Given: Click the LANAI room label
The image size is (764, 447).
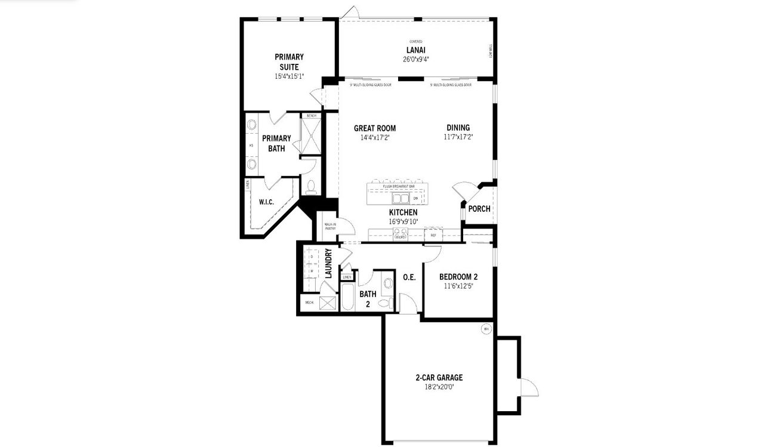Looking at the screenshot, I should click(x=416, y=50).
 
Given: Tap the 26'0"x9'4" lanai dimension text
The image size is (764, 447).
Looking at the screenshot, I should click(x=416, y=59).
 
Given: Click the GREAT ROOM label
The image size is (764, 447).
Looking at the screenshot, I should click(x=375, y=128).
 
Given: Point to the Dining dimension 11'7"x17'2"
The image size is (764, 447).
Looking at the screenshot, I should click(x=458, y=137).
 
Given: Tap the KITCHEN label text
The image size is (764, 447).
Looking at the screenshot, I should click(x=403, y=212).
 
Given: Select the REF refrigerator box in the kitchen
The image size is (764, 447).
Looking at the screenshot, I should click(x=434, y=236).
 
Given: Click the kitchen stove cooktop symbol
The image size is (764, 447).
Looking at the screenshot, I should click(x=401, y=235).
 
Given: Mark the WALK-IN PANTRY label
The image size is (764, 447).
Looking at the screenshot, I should click(x=329, y=226).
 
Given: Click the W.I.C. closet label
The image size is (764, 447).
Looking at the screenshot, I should click(x=266, y=202).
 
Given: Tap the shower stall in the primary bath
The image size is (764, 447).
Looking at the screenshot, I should click(x=310, y=137).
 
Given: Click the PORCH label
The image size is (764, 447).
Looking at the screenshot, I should click(x=479, y=209).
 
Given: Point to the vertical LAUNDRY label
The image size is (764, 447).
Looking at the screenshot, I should click(x=328, y=264).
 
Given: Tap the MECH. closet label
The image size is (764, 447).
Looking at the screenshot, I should click(x=310, y=303).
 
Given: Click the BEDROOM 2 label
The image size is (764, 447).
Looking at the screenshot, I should click(x=458, y=277).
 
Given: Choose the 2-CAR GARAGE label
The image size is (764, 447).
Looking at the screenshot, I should click(x=439, y=377).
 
